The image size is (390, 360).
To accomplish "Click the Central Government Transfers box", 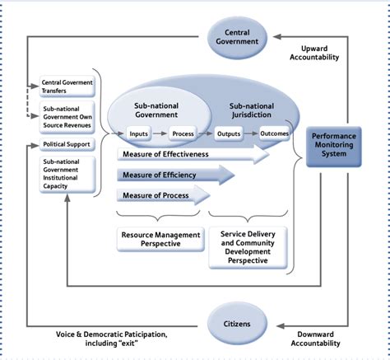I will click(x=67, y=87).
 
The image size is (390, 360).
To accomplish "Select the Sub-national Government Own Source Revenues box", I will click(x=67, y=118).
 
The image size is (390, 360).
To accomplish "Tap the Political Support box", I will click(x=67, y=145).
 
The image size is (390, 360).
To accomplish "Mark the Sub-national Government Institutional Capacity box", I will click(x=67, y=175).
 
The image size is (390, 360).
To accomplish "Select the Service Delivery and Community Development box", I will click(x=248, y=245).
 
